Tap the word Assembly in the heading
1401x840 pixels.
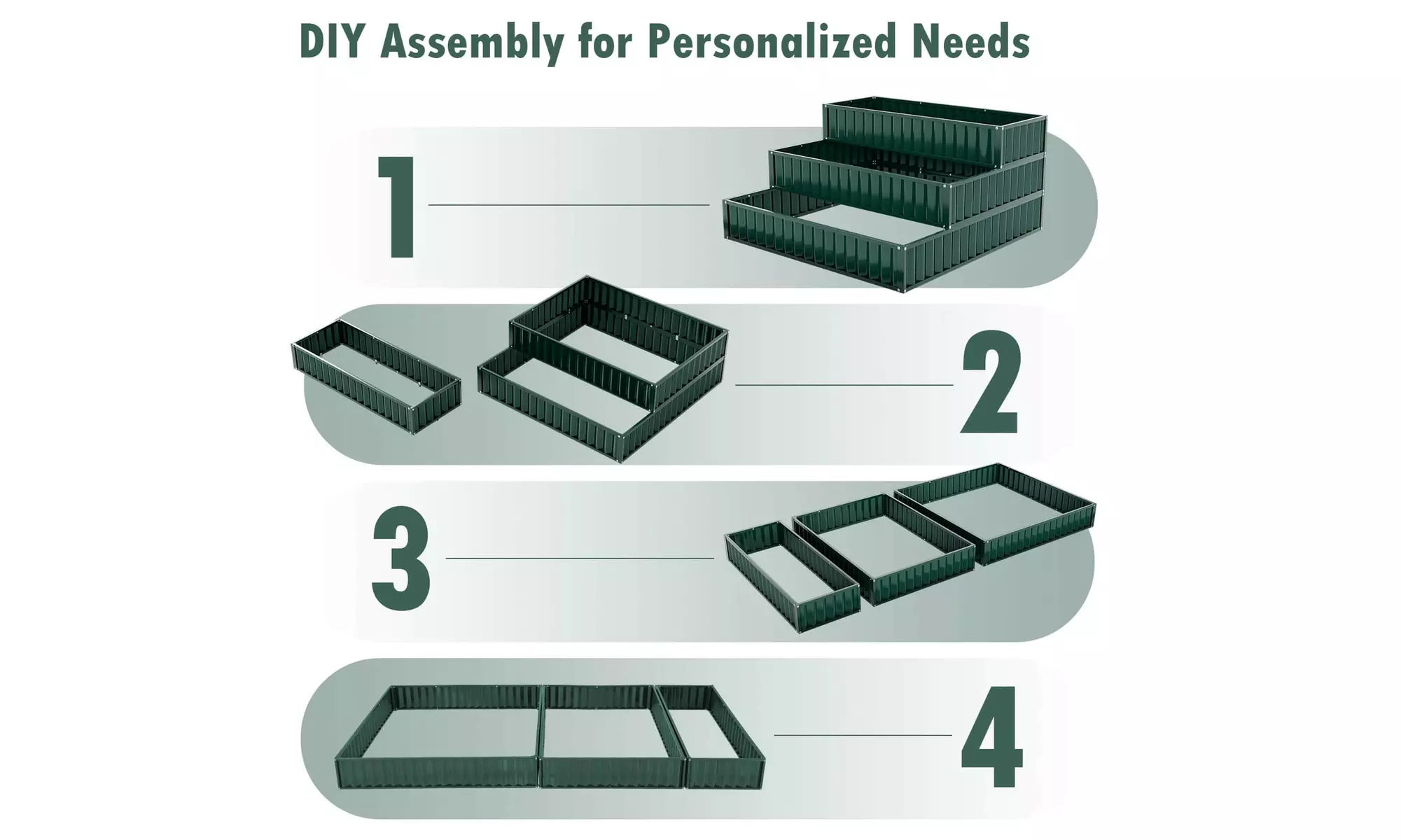471,43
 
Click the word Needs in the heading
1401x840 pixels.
971,41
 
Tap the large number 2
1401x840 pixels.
991,381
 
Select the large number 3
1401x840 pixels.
401,558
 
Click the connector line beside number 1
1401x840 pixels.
569,205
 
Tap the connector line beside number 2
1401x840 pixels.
844,385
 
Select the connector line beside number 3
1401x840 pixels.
580,559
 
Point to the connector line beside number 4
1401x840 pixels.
863,736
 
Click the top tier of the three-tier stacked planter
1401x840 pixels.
935,133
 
